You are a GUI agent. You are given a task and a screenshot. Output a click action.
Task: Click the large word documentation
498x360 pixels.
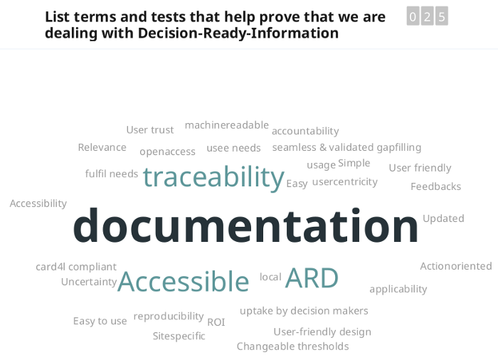coord(245,226)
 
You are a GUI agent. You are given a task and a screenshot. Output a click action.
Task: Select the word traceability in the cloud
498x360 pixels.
coord(213,177)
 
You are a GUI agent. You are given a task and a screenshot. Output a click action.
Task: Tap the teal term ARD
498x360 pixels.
coord(312,277)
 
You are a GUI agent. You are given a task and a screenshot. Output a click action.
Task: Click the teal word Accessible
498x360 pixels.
coord(184,281)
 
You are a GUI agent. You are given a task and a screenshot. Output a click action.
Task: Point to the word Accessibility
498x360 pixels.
coord(38,203)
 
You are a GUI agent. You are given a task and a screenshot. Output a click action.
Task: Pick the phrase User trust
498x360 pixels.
coord(150,130)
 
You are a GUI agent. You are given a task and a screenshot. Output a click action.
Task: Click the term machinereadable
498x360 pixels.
coord(227,125)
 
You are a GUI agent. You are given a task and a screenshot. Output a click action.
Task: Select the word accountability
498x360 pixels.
coord(305,131)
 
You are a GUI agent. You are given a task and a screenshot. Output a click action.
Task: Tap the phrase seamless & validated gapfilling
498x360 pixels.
coord(347,147)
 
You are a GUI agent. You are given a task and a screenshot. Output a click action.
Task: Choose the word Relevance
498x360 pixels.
coord(102,147)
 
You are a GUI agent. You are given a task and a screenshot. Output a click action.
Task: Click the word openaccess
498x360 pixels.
coord(167,152)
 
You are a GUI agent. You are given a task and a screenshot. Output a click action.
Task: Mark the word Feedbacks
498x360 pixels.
coord(435,186)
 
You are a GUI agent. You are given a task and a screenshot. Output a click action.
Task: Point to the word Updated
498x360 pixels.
coord(443,218)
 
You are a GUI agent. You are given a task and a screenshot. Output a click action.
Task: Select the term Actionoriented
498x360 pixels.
coord(456,266)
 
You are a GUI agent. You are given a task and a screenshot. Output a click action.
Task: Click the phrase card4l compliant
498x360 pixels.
coord(76,267)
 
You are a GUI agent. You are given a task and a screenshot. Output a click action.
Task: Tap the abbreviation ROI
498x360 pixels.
coord(216,322)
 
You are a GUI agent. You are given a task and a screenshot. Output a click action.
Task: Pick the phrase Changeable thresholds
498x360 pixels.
coord(293,346)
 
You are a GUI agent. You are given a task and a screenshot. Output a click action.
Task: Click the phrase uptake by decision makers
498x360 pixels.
coord(304,311)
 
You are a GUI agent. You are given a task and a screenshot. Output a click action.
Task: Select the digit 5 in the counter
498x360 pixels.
coord(442,16)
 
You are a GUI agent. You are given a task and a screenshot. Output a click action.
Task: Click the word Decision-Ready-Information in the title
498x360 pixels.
coord(238,33)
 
